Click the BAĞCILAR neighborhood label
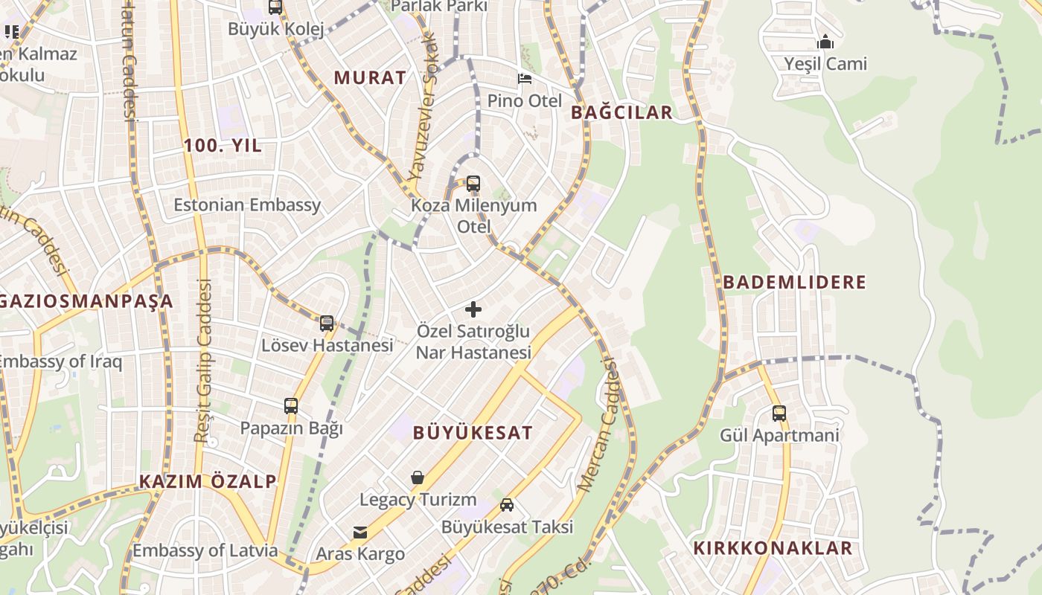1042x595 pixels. coord(621,112)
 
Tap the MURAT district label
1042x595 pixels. coord(370,77)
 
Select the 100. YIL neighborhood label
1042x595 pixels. coord(223,146)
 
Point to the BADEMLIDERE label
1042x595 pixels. coord(795,283)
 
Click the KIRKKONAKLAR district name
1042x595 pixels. coord(773,549)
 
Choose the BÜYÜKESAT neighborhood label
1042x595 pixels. coord(473,433)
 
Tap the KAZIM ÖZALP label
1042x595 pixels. coord(208,481)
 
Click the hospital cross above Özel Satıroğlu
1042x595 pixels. coord(473,309)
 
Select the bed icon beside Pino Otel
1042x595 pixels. coord(525,79)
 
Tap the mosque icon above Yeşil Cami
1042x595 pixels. coord(825,42)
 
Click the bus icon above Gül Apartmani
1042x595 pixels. coord(779,414)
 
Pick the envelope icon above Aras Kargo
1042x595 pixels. coord(360,532)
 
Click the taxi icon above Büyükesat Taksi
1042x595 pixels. coord(507,505)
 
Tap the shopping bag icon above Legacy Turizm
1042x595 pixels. coord(418,477)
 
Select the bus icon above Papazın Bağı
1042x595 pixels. coord(291,406)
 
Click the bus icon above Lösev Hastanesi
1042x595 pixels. coord(327,323)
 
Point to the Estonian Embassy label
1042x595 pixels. coord(247,205)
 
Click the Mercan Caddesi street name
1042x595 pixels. coord(599,424)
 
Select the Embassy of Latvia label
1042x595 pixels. coord(205,551)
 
